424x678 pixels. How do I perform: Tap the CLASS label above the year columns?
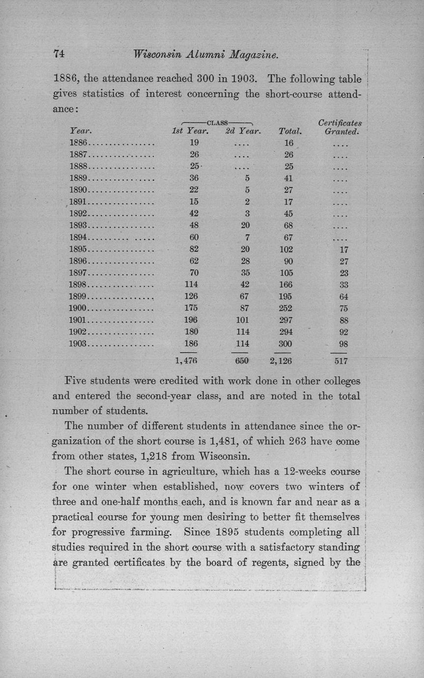coord(217,121)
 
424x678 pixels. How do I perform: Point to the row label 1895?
coord(78,250)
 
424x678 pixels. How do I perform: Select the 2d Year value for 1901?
coord(241,320)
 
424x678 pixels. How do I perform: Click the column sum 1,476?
coord(186,361)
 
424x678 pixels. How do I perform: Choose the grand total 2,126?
coord(281,361)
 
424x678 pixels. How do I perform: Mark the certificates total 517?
coord(340,361)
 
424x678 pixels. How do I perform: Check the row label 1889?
coord(78,179)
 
